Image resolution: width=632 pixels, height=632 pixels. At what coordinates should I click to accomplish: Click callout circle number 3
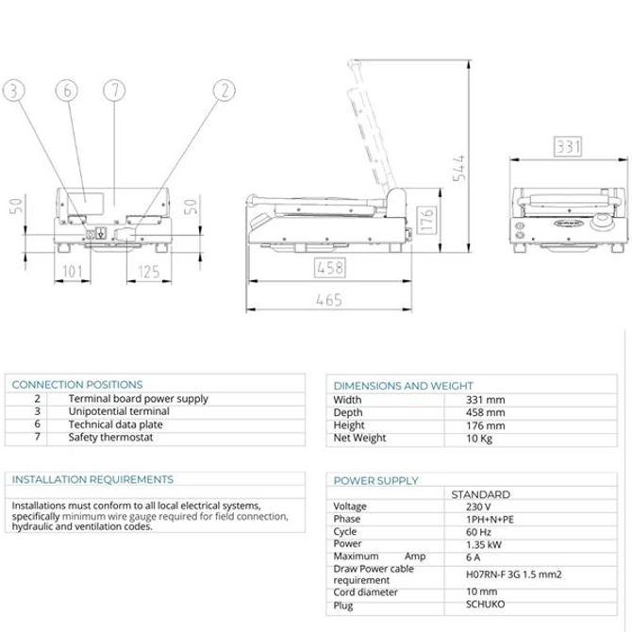tap(14, 90)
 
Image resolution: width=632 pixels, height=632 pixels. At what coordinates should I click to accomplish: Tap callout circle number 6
tap(67, 90)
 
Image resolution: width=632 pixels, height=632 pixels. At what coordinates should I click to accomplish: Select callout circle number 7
tap(114, 90)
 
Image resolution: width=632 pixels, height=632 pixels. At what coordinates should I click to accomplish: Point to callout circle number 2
tap(225, 90)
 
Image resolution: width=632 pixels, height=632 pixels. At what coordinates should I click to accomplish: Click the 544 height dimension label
tap(459, 168)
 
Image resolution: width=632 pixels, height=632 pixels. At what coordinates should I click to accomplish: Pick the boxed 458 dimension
tap(330, 268)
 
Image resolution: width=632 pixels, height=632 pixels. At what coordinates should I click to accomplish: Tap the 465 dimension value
tap(329, 300)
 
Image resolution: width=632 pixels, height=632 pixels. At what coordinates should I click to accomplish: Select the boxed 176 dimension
tap(427, 220)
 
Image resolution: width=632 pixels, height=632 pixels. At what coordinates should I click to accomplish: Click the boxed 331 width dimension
tap(568, 146)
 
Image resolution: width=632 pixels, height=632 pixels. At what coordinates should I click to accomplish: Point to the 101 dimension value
tap(73, 272)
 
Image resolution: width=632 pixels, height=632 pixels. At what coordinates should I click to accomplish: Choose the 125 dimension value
tap(149, 272)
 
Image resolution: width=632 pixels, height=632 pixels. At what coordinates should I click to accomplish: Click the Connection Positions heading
tap(77, 385)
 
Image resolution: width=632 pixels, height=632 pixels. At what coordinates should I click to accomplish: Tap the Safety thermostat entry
tap(110, 438)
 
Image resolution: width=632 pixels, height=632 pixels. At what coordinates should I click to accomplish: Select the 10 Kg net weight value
tap(479, 439)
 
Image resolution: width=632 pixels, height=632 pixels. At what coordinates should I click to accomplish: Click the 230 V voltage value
tap(478, 507)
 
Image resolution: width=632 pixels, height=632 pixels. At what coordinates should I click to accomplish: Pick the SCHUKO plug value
tap(485, 605)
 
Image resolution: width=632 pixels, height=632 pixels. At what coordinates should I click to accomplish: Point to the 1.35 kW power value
tap(484, 545)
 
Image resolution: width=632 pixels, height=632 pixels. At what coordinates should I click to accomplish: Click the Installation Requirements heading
tap(92, 479)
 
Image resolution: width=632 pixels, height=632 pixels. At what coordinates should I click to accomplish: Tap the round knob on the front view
tap(601, 222)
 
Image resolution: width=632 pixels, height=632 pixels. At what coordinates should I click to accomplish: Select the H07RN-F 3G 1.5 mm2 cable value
tap(513, 574)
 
